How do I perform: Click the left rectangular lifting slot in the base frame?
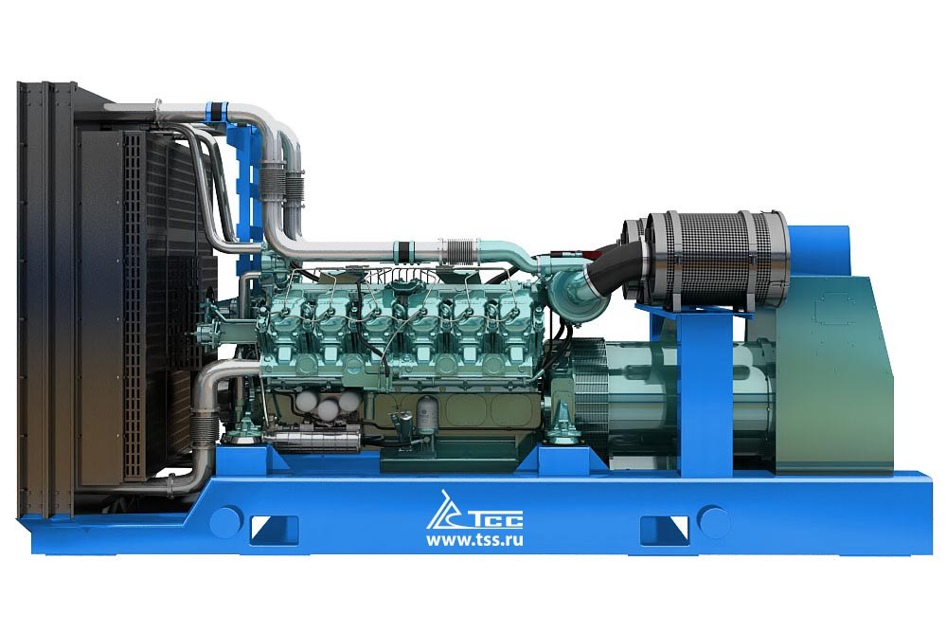pos(275,528)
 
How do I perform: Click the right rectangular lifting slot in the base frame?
pos(664,528)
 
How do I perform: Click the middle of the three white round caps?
pos(328,409)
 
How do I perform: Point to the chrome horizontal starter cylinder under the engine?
pos(313,438)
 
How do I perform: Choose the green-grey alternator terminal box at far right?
pos(833,370)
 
